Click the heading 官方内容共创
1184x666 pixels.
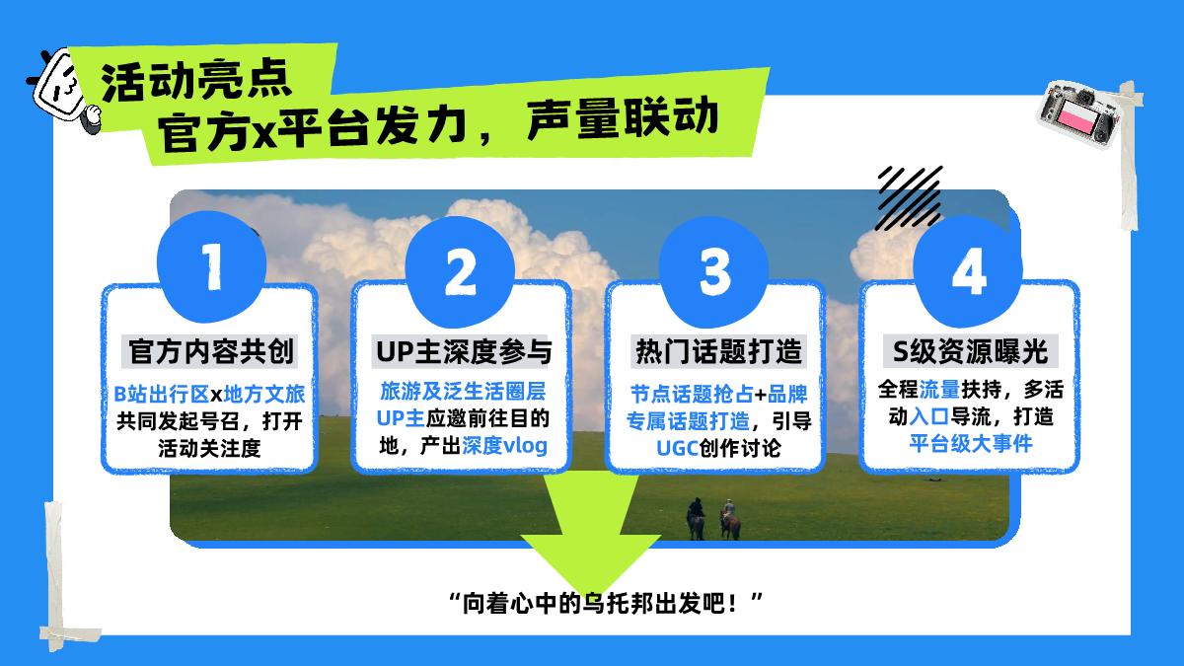[211, 351]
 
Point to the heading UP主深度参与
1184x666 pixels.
[462, 351]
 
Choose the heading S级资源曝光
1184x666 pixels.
[968, 351]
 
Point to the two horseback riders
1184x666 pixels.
[712, 517]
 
